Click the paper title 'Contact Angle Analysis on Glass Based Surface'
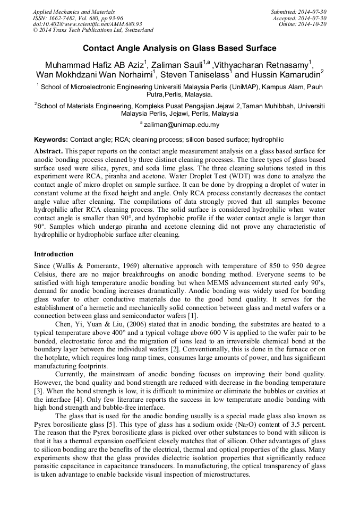tap(179, 49)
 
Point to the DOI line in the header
tap(87, 24)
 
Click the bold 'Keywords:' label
tap(51, 140)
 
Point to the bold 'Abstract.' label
tap(48, 151)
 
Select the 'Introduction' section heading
tap(54, 254)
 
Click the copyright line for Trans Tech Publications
tap(93, 30)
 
